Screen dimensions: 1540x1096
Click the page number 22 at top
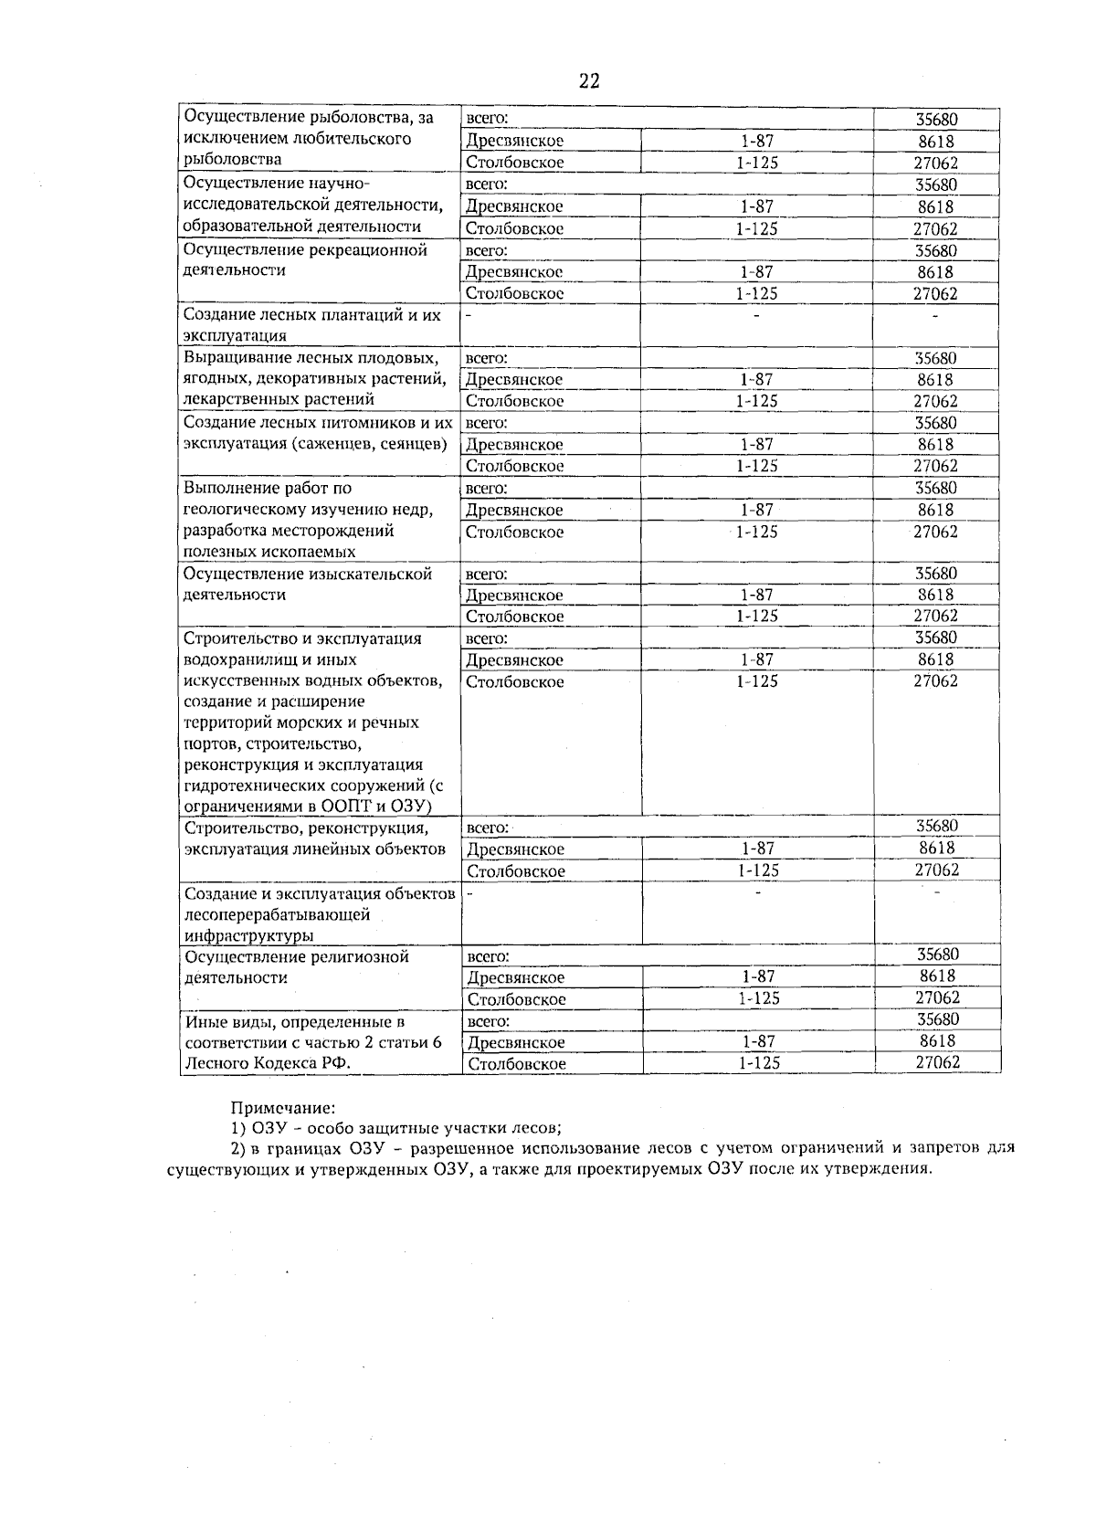coord(589,81)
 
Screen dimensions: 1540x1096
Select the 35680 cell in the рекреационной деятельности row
coord(936,250)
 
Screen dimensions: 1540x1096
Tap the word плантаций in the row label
coord(352,315)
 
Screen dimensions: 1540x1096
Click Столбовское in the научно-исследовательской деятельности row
coord(514,229)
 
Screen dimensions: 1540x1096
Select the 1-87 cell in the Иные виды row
coord(758,1041)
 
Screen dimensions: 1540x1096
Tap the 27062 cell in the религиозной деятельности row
coord(937,998)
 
